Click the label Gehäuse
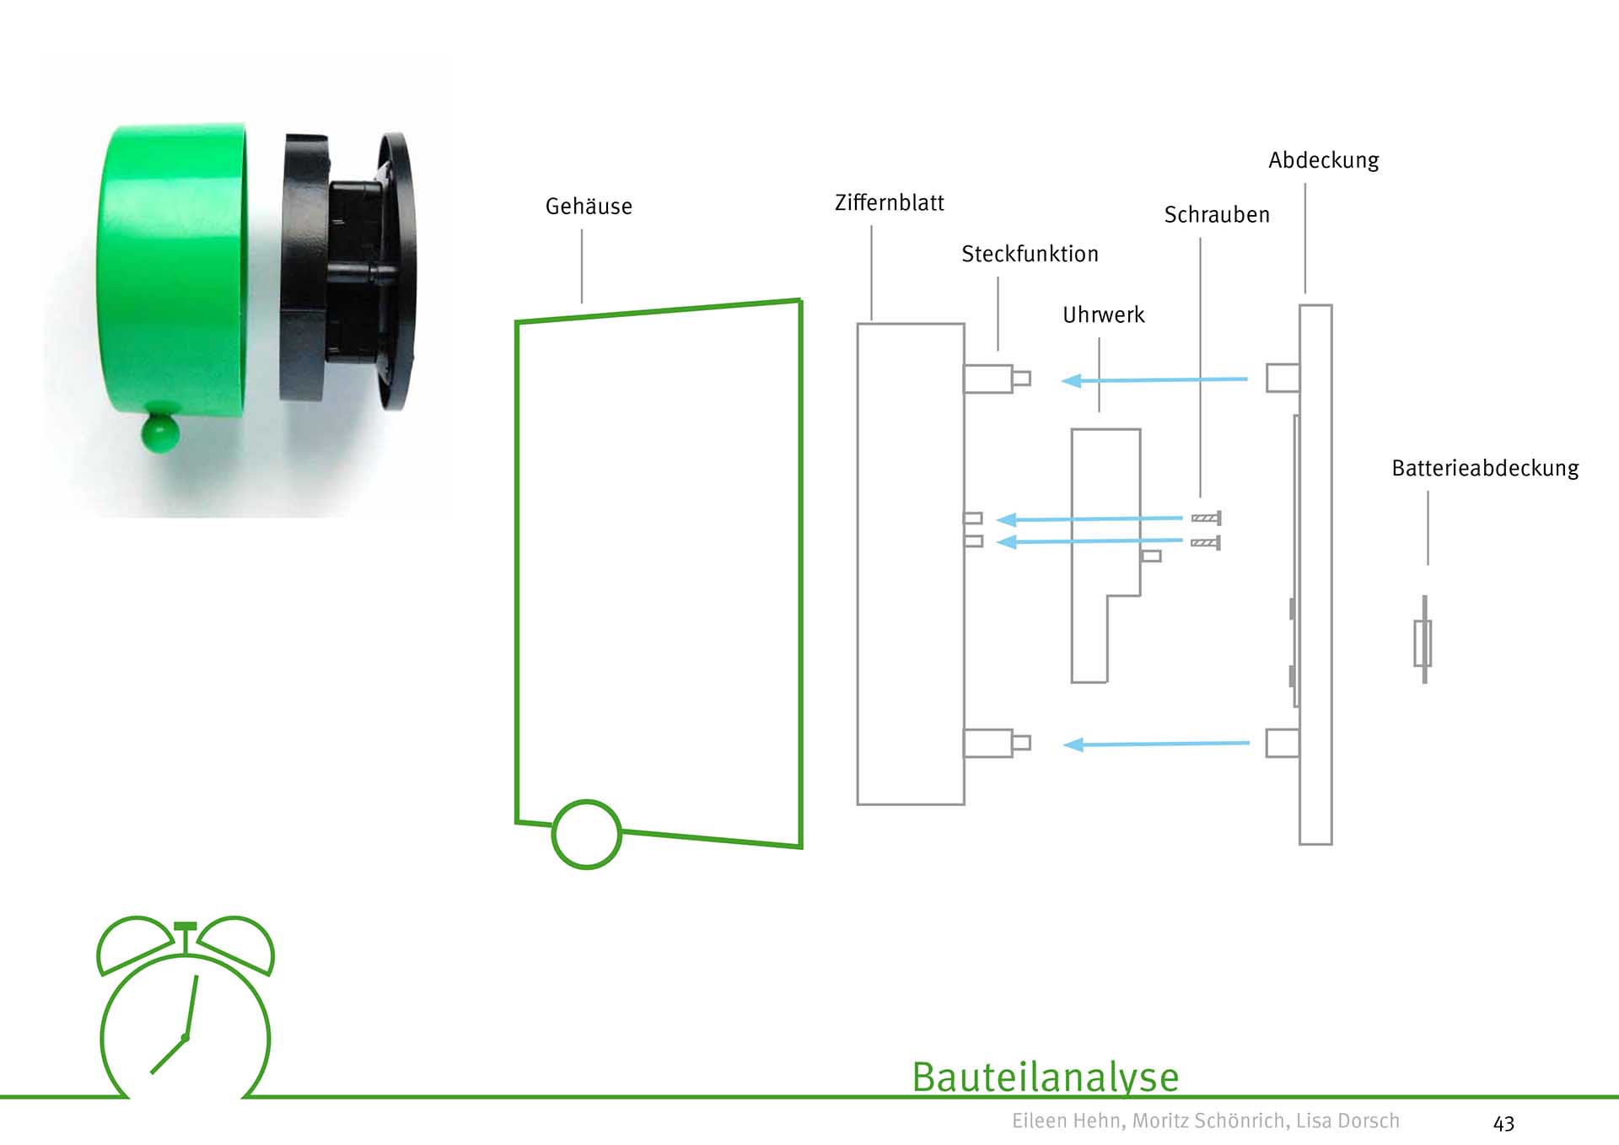point(589,207)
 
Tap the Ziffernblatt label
point(889,203)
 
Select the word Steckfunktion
point(1030,254)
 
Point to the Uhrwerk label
point(1103,315)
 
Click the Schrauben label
point(1216,215)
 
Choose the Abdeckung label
point(1323,160)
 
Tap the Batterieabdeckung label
point(1485,469)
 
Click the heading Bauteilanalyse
point(1045,1077)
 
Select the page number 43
point(1503,1123)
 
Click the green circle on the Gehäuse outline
point(587,834)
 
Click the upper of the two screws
point(1206,518)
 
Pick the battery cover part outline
point(1423,641)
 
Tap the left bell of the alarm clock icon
point(133,943)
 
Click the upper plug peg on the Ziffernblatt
point(995,379)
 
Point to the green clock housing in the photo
point(173,270)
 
